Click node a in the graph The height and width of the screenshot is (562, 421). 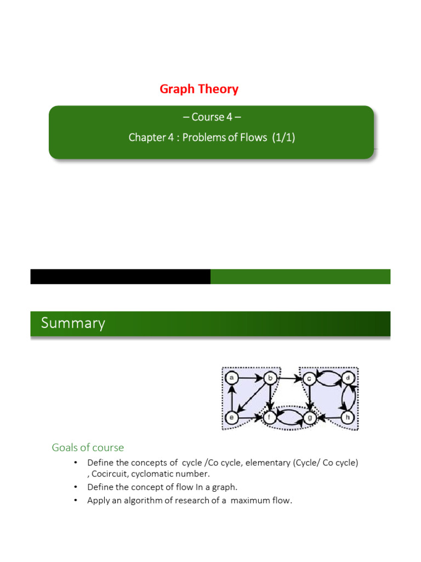click(x=232, y=378)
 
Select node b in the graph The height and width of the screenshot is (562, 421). click(x=270, y=378)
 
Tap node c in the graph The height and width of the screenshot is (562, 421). click(x=309, y=378)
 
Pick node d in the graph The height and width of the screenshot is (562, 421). click(x=347, y=378)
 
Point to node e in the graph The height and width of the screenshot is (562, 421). click(x=232, y=417)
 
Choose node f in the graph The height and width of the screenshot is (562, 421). click(x=270, y=417)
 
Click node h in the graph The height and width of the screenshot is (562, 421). click(x=347, y=417)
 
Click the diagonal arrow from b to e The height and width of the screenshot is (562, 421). click(x=251, y=398)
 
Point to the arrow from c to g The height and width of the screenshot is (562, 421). click(x=309, y=397)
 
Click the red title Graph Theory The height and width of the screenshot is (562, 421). click(x=199, y=89)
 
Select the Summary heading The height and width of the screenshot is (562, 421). click(x=73, y=323)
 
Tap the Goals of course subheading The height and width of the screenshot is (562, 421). click(x=88, y=447)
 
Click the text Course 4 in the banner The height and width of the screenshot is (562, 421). click(x=212, y=117)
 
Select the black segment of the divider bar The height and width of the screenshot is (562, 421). click(x=120, y=277)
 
